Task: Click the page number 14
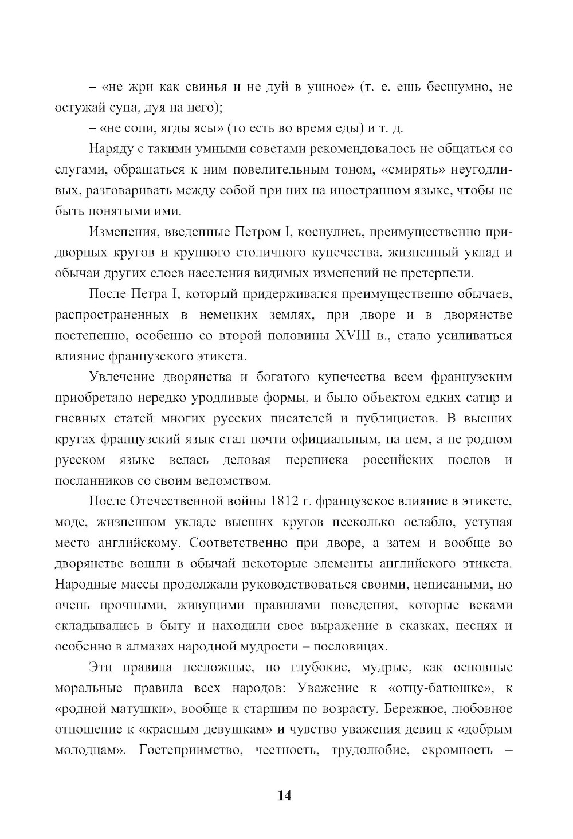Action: (x=285, y=795)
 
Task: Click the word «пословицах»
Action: (x=353, y=646)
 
